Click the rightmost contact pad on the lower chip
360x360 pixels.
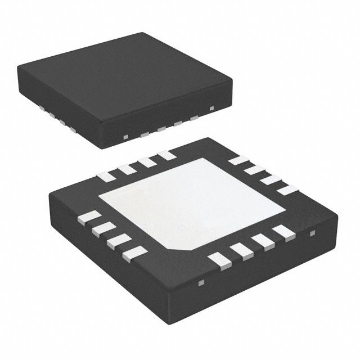(287, 190)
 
